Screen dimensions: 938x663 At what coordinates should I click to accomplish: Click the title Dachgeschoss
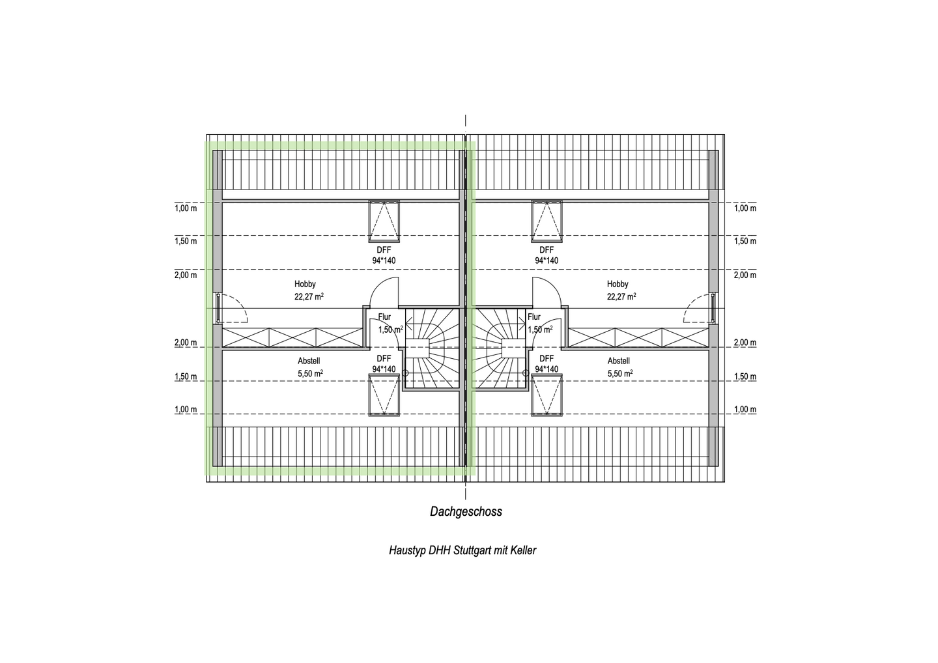(x=466, y=511)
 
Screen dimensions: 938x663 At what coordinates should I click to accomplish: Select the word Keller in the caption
(x=523, y=550)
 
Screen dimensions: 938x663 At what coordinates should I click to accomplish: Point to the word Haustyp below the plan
(x=407, y=550)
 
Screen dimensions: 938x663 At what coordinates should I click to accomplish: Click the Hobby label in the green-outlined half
(x=305, y=284)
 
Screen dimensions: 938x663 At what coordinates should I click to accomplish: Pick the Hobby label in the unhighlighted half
(x=618, y=284)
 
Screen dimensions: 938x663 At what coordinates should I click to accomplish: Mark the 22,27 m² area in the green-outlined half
(x=309, y=297)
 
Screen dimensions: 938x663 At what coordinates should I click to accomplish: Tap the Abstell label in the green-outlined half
(x=309, y=361)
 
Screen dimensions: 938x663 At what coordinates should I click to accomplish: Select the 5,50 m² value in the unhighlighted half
(x=620, y=373)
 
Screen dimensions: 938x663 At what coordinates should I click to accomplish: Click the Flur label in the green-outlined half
(x=384, y=317)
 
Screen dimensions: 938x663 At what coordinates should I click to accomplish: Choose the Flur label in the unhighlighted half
(x=534, y=317)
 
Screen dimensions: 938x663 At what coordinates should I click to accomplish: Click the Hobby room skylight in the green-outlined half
(x=384, y=221)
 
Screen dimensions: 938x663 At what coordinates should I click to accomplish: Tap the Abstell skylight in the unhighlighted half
(x=547, y=395)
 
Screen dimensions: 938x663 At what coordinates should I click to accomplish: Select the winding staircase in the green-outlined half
(x=431, y=349)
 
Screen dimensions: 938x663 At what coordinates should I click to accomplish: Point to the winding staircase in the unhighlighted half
(x=500, y=349)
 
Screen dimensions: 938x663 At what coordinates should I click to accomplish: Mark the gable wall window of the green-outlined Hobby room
(x=219, y=308)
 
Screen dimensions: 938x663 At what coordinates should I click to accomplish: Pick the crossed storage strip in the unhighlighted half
(x=638, y=337)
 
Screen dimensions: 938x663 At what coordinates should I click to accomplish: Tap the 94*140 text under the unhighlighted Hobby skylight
(x=547, y=261)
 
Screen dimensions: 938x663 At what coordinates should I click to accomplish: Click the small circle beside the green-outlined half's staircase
(x=405, y=373)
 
